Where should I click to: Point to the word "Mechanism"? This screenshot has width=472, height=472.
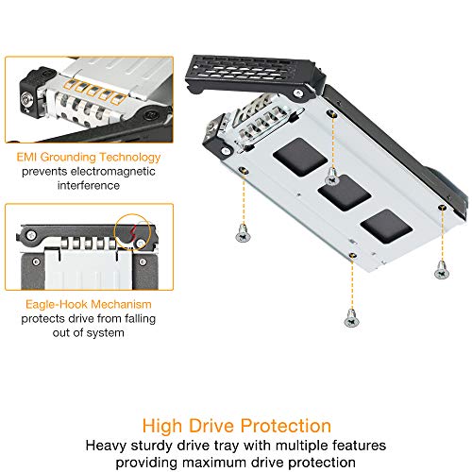click(x=113, y=304)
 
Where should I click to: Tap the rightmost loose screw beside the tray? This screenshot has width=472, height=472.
click(x=440, y=271)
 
